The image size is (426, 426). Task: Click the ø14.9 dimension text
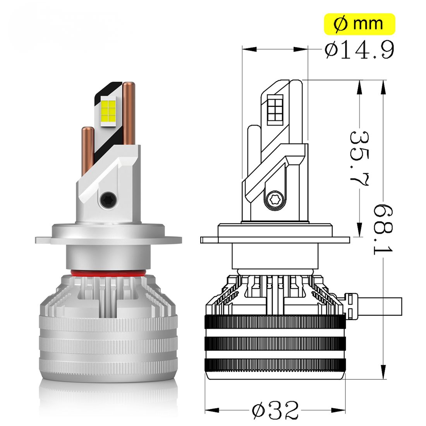[359, 50]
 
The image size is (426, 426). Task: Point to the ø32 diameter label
[275, 409]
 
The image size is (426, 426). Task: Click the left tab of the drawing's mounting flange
[209, 240]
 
